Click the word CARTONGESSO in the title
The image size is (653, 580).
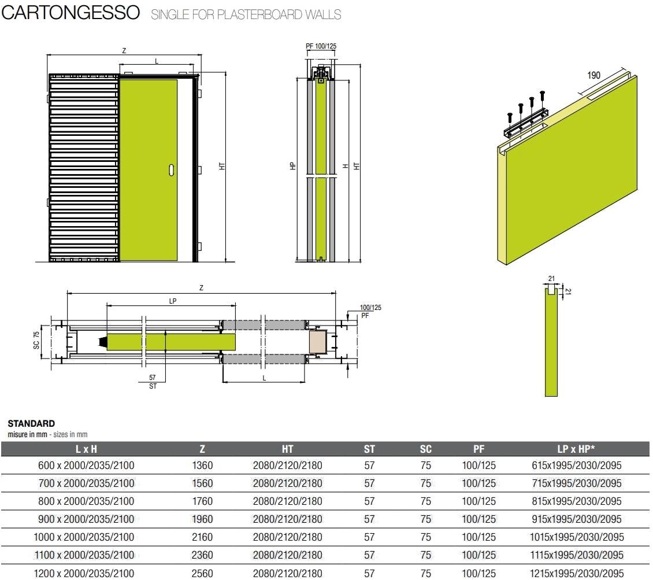coord(71,13)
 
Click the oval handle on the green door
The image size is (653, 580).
coord(172,169)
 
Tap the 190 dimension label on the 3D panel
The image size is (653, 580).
coord(593,75)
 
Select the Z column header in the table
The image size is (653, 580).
coord(202,449)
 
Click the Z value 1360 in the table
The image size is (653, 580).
coord(202,466)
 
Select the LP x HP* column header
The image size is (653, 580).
coord(576,449)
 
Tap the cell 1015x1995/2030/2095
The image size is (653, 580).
coord(576,537)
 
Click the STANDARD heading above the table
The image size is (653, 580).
coord(31,424)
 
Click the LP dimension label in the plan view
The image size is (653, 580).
coord(172,300)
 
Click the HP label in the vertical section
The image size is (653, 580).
coord(293,165)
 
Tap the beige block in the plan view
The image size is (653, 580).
coord(318,341)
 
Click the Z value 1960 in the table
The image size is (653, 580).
coord(202,519)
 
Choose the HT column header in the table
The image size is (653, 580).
coord(287,449)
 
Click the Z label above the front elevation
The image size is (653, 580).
coord(124,50)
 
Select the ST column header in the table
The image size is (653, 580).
coord(369,449)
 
